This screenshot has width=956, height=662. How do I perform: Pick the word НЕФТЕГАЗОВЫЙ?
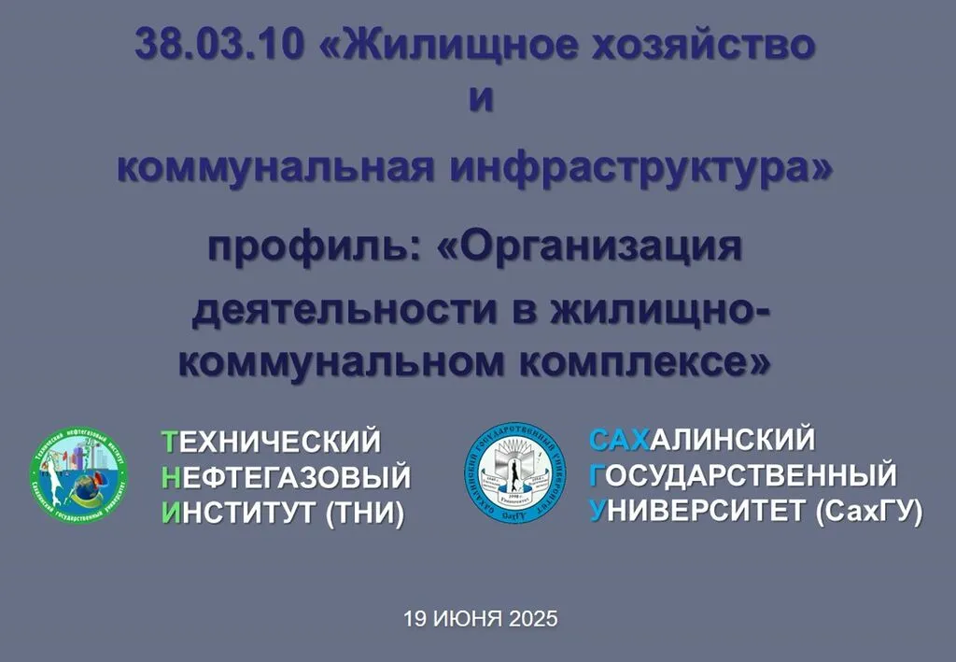click(286, 477)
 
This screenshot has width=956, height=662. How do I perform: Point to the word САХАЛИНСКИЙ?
click(702, 438)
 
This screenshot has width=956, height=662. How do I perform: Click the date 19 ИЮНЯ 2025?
click(480, 618)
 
